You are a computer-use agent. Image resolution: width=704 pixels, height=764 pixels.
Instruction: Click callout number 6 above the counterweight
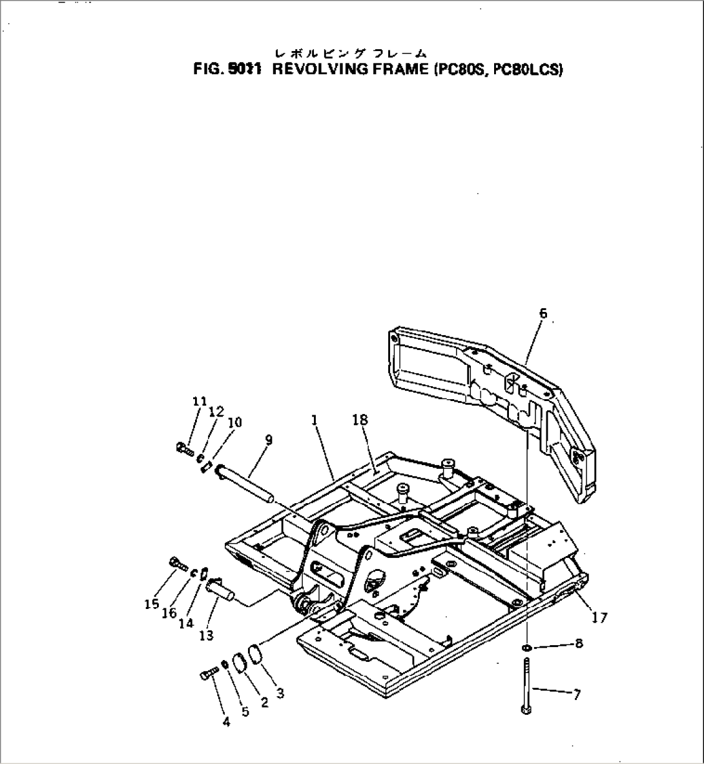coord(543,313)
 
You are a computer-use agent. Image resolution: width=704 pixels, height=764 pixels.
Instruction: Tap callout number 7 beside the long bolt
coord(576,694)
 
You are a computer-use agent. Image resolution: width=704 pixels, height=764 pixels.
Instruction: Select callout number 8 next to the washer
coord(578,643)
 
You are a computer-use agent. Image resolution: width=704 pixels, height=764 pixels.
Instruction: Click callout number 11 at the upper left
coord(200,401)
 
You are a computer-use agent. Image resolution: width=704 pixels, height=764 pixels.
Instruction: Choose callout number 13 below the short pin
coord(206,635)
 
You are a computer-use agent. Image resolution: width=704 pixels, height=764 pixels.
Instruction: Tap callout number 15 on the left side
coord(151,604)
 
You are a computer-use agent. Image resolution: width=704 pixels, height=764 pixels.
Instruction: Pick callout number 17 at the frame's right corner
coord(599,617)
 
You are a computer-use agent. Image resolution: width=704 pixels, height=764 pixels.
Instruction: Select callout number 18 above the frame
coord(360,420)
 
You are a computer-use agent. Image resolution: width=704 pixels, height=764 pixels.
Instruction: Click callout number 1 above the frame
coord(314,420)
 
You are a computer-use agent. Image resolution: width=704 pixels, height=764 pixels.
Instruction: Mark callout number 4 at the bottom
coord(226,723)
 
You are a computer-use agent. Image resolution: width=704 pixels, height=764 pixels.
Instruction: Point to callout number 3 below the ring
coord(280,694)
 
